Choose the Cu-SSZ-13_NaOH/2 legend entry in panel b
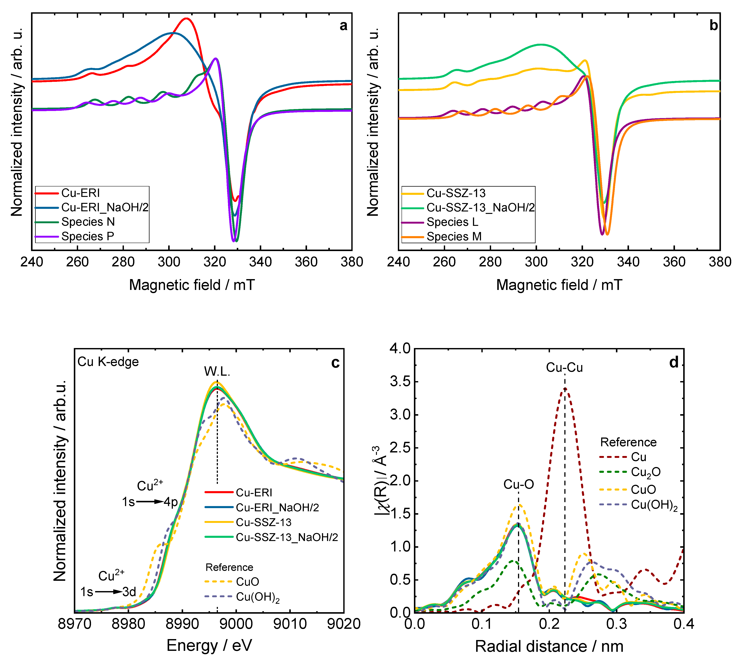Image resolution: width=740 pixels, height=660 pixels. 480,207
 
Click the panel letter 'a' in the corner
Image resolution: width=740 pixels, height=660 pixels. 343,26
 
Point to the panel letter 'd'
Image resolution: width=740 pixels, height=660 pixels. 674,362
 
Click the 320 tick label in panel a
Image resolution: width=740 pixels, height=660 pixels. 215,262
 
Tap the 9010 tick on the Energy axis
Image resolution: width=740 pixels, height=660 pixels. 290,624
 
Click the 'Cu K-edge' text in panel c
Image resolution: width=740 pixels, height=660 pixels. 108,361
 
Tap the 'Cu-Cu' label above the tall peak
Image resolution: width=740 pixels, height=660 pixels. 564,367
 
